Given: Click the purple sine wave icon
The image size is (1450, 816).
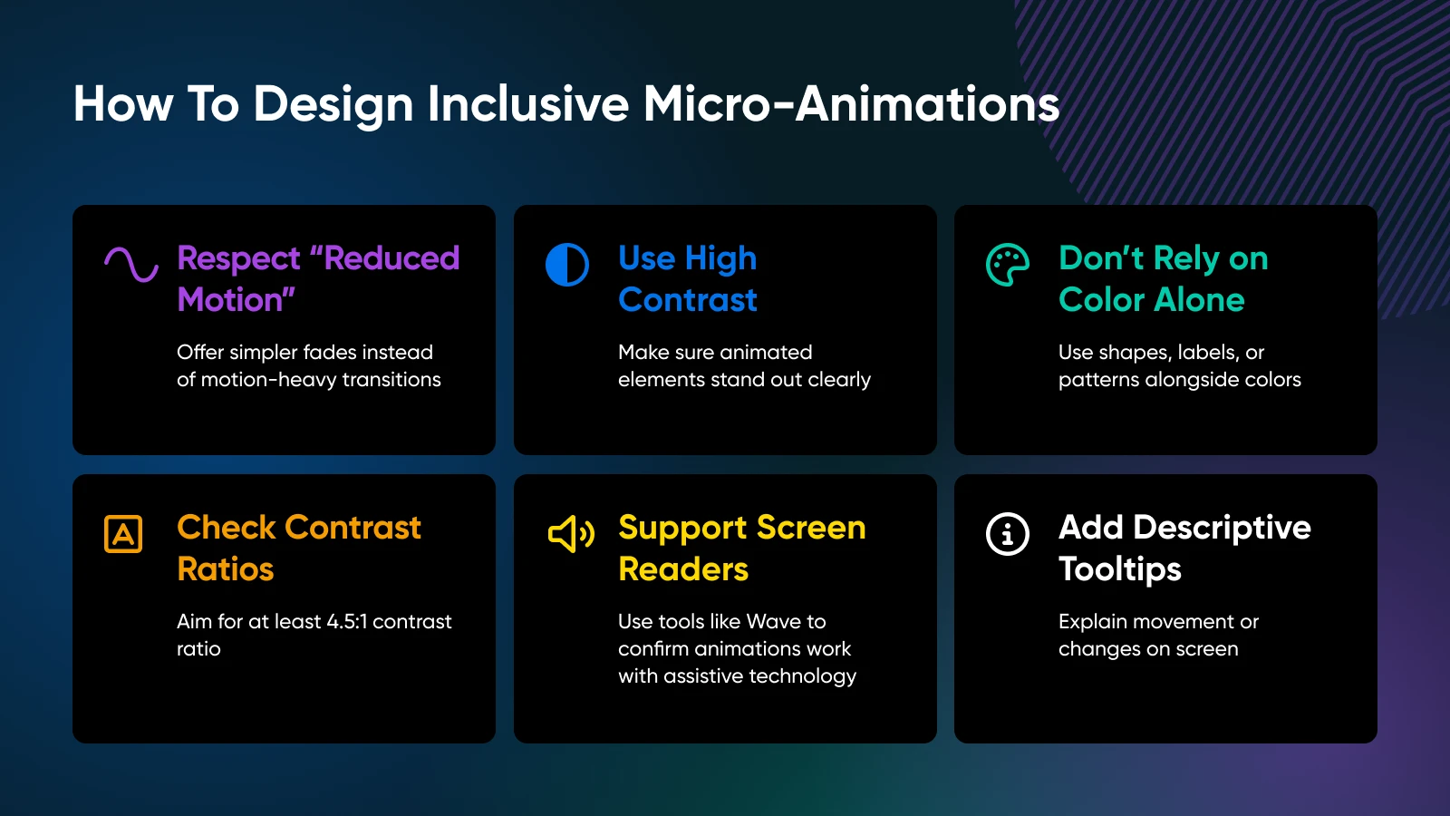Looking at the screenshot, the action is tap(131, 264).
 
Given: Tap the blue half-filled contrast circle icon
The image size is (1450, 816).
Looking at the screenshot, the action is tap(567, 264).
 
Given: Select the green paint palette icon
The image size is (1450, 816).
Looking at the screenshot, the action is tap(1007, 265).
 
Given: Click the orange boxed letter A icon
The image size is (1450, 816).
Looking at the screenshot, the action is tap(123, 534).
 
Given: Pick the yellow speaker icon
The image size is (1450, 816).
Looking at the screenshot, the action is tap(571, 534).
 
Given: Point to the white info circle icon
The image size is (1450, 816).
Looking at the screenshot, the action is tap(1007, 534).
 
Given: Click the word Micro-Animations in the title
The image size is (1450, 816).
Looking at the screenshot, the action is tap(851, 103).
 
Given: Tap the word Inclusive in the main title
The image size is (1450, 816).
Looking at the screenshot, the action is tap(527, 103).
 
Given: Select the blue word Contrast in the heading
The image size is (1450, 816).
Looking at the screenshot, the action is tap(688, 300).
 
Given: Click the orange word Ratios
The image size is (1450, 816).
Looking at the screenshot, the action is tap(226, 569).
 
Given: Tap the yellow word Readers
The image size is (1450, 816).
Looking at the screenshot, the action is tap(683, 569).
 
